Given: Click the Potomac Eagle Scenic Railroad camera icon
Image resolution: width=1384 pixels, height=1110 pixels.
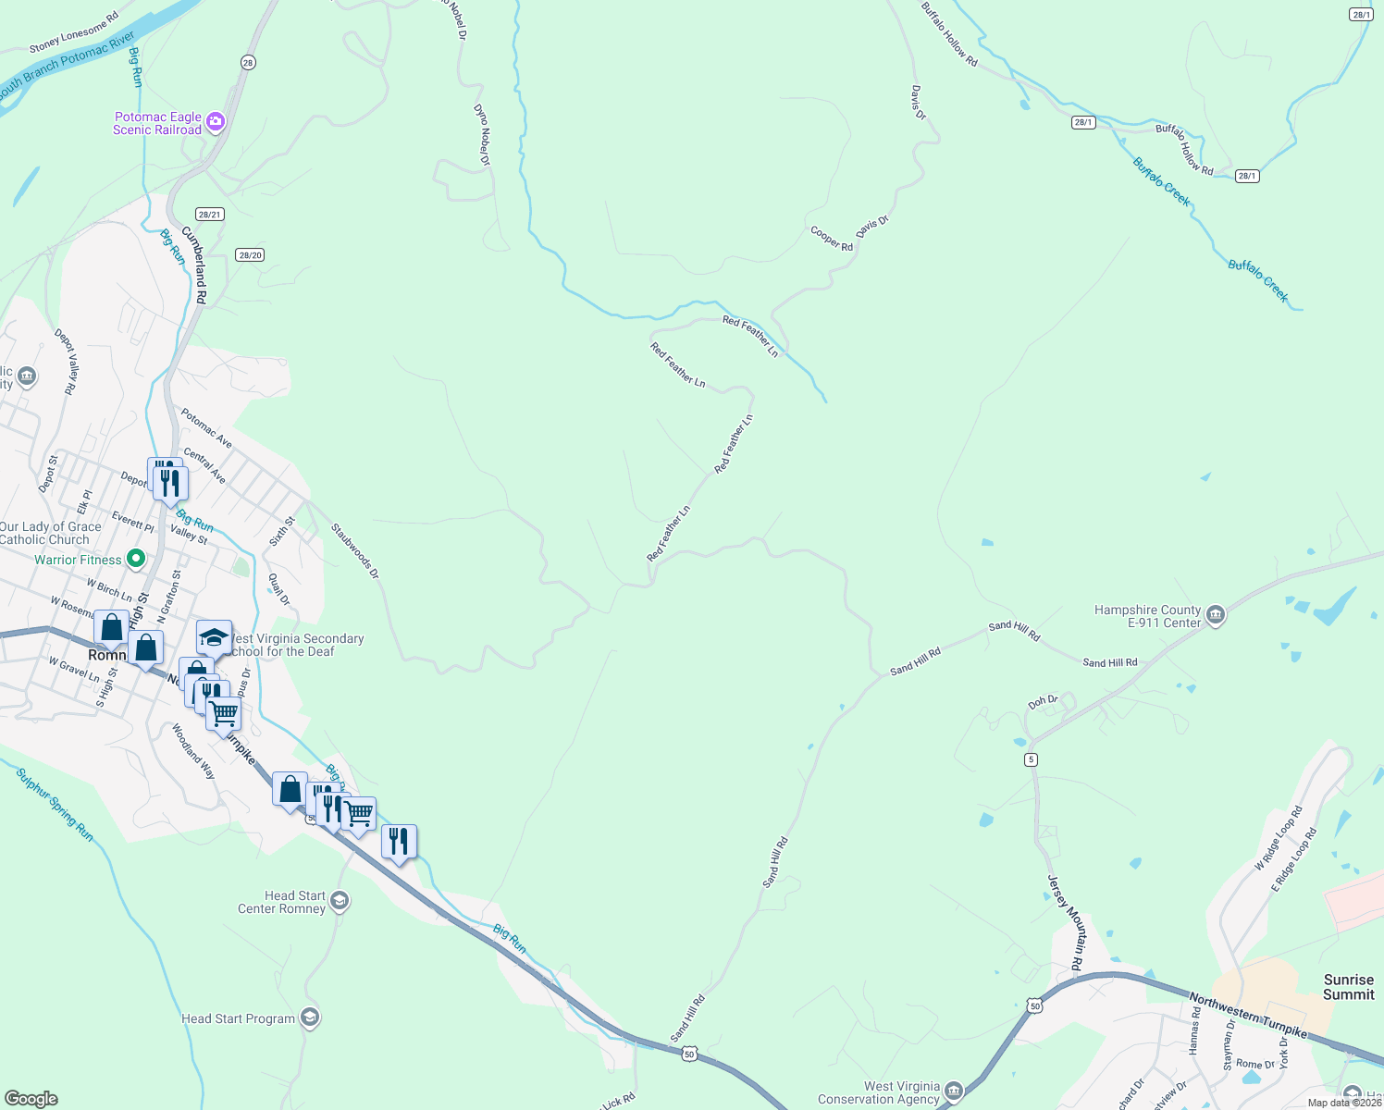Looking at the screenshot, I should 216,121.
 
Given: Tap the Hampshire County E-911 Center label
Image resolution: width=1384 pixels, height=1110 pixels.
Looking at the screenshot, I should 1147,617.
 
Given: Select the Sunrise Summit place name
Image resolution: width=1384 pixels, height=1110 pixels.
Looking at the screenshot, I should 1348,987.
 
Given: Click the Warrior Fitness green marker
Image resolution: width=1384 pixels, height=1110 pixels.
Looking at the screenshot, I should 136,558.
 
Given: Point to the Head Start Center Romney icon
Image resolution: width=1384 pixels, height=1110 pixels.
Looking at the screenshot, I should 340,900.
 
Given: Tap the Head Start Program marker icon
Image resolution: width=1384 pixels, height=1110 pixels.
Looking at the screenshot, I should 310,1018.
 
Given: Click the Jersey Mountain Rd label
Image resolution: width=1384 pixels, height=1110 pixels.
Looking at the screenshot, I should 1065,922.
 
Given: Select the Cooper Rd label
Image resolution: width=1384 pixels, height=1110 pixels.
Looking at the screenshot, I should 832,239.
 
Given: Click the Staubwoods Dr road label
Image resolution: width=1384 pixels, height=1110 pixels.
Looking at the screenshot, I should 355,551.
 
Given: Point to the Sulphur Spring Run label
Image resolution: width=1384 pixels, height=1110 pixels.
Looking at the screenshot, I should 55,805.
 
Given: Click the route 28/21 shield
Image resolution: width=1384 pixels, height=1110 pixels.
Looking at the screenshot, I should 210,215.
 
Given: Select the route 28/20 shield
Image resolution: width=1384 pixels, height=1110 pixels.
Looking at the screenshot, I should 250,255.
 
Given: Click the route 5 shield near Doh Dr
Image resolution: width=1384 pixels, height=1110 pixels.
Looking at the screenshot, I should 1031,759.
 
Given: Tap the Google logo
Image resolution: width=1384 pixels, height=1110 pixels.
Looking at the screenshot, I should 31,1099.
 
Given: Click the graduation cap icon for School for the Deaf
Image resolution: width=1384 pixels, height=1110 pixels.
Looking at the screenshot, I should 214,637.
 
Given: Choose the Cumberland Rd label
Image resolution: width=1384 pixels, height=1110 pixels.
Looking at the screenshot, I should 194,265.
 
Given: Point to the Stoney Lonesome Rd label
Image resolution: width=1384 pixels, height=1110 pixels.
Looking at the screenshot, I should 74,32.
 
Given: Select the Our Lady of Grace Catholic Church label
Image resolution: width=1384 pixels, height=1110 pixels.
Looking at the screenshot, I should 50,533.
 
